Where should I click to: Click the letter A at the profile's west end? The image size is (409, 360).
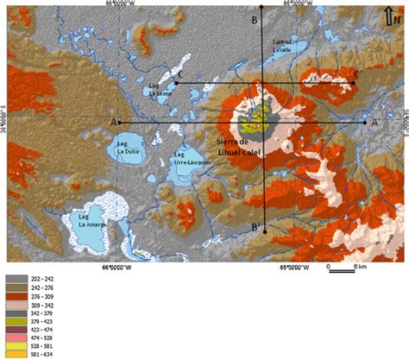(x=113, y=122)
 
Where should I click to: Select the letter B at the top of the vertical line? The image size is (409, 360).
(x=254, y=20)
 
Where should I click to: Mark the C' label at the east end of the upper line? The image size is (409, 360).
(x=356, y=74)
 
